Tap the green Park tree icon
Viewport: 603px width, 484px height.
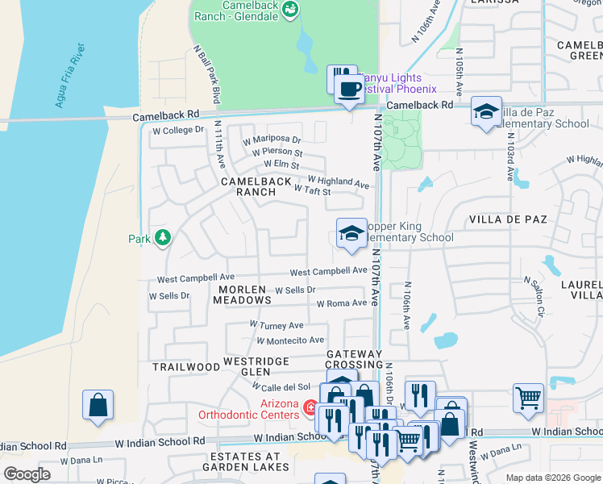[163, 238]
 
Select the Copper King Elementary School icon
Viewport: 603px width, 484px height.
[351, 234]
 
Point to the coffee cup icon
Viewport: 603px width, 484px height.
[348, 87]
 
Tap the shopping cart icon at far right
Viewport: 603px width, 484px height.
[528, 397]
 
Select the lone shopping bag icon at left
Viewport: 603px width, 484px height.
[98, 405]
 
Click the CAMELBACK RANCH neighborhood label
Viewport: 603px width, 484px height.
[256, 187]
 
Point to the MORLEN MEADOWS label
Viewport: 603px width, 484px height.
[242, 294]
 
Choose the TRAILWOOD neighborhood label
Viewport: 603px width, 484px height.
[186, 367]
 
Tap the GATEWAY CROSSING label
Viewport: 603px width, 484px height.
[354, 360]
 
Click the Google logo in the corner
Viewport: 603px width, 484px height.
[27, 474]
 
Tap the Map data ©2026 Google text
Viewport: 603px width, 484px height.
[552, 478]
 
